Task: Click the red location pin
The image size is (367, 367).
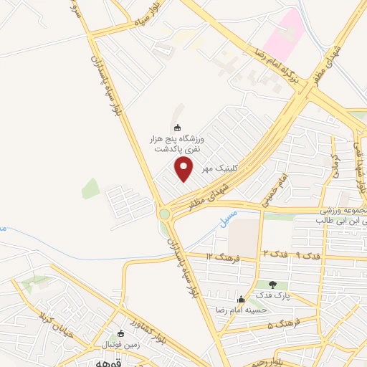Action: click(x=185, y=170)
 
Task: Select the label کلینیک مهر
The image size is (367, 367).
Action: click(x=216, y=168)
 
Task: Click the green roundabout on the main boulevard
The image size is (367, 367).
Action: click(x=165, y=214)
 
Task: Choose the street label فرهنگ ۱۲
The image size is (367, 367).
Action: click(x=222, y=256)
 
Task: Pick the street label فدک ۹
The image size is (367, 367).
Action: click(x=310, y=256)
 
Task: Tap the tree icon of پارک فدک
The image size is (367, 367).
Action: click(x=272, y=285)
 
